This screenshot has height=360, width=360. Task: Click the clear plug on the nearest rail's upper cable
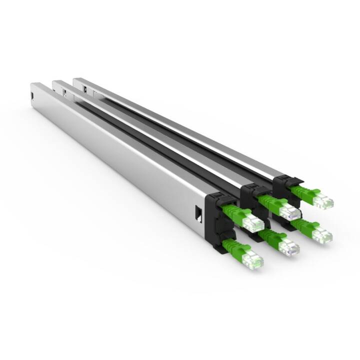tap(253, 224)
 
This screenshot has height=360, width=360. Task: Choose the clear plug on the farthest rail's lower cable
tap(322, 234)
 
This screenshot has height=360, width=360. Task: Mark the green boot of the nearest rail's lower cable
tap(233, 247)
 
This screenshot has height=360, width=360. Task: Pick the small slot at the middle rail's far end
tap(64, 91)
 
